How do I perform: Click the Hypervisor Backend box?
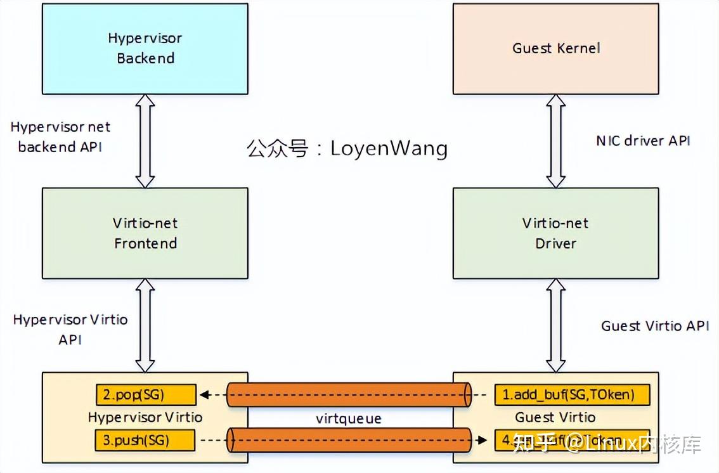[x=145, y=48]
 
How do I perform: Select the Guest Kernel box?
[x=555, y=48]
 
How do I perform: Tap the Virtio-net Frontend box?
[x=145, y=233]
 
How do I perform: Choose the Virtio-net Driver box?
[x=555, y=233]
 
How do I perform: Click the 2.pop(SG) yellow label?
[x=146, y=395]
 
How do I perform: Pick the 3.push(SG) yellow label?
[x=145, y=439]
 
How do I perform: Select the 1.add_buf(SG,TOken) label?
[x=573, y=395]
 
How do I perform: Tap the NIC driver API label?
[x=643, y=141]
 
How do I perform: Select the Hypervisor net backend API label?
[x=60, y=137]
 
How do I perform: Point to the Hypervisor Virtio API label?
[x=70, y=329]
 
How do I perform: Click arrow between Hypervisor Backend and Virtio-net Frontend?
[x=145, y=141]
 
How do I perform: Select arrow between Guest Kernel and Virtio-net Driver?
[x=556, y=141]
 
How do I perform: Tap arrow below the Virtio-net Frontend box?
[x=145, y=325]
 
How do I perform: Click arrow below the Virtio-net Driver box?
[x=556, y=325]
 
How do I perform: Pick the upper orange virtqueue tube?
[x=349, y=395]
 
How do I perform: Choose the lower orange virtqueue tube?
[x=349, y=439]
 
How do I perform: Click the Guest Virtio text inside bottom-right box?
[x=555, y=417]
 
